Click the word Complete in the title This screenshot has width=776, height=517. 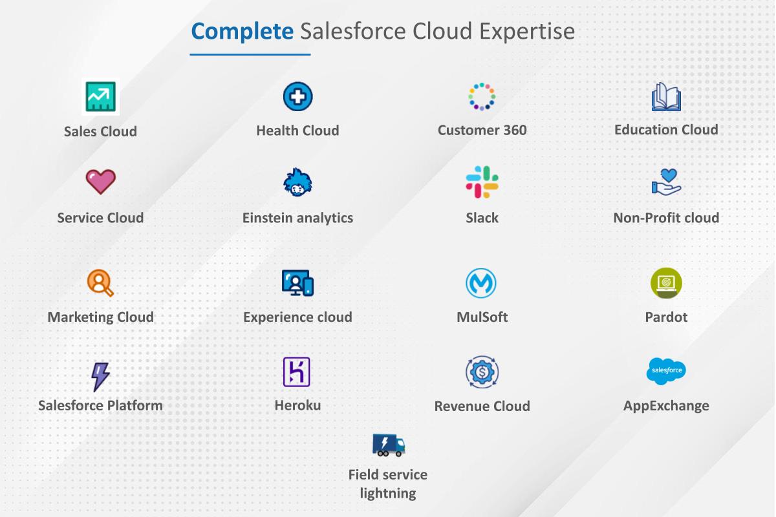(x=242, y=31)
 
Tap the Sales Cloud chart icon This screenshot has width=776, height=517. (x=101, y=97)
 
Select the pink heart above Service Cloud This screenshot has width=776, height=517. (x=101, y=182)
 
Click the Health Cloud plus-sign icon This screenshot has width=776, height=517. (x=297, y=97)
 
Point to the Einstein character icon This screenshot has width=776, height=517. (x=297, y=183)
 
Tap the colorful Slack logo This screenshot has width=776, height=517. (x=482, y=182)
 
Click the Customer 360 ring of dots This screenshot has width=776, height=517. (x=482, y=97)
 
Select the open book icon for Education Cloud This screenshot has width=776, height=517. (x=666, y=97)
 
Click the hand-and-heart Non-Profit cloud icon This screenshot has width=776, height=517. (x=666, y=182)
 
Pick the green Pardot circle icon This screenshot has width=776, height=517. (x=666, y=283)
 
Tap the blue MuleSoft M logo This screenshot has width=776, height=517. (x=481, y=283)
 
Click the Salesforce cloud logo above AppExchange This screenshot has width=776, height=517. (x=666, y=371)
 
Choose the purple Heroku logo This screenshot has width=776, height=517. (x=297, y=372)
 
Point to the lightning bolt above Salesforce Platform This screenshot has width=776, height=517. (x=100, y=376)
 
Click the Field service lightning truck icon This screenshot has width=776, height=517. (x=389, y=445)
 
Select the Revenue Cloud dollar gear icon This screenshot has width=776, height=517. (x=482, y=372)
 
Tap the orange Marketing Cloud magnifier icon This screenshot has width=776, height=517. (x=100, y=282)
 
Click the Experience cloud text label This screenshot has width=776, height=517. (x=297, y=317)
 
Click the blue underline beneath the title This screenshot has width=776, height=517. (x=250, y=54)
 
